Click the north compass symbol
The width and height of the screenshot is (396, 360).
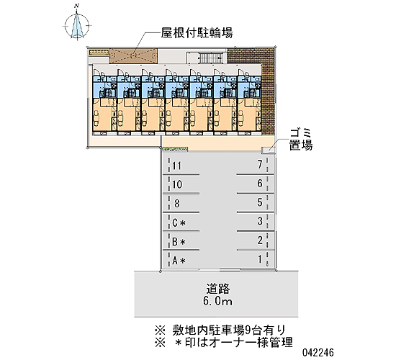click(x=77, y=25)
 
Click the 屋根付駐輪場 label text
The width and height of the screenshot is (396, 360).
click(x=197, y=32)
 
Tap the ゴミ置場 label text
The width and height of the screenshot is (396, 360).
click(x=301, y=140)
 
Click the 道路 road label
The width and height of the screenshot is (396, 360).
click(x=217, y=289)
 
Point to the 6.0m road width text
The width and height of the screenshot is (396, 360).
click(x=217, y=301)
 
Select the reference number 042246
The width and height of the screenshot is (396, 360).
click(x=318, y=352)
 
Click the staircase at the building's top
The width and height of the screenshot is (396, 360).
click(x=210, y=58)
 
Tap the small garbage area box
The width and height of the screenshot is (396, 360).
click(x=268, y=150)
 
